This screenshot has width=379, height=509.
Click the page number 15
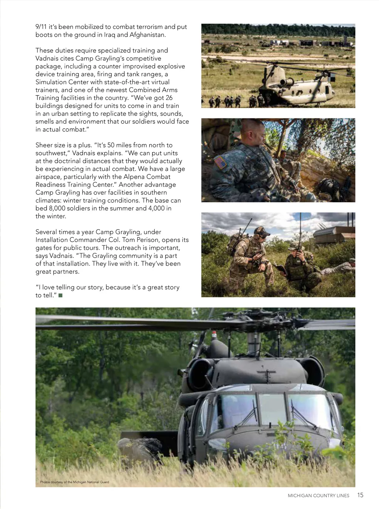pos(360,495)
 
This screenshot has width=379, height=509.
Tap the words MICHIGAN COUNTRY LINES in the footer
pos(318,496)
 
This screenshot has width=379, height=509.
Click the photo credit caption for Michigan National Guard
pos(74,482)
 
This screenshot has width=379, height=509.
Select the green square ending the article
pos(61,295)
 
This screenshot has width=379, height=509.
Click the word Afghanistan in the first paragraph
pos(147,35)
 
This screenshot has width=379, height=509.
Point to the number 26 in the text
pos(169,98)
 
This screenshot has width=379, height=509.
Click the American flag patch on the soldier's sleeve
pos(220,162)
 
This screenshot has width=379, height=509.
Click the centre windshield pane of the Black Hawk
pos(272,409)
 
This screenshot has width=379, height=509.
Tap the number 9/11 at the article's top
pos(41,27)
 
